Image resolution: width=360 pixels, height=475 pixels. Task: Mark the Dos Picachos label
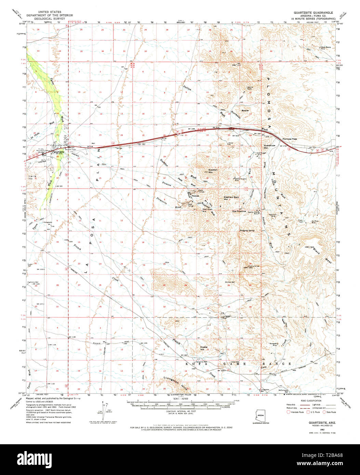tap(239, 211)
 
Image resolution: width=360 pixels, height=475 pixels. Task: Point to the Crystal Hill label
tap(204, 348)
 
